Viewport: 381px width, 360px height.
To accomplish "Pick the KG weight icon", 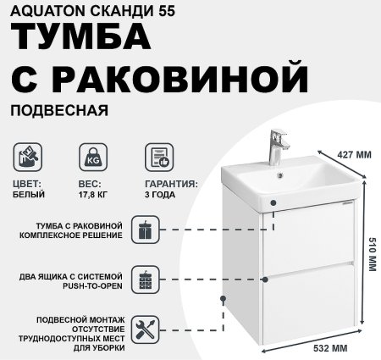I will click(x=91, y=158).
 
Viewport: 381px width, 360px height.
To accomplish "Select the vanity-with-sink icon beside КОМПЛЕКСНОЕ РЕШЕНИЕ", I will click(x=146, y=229).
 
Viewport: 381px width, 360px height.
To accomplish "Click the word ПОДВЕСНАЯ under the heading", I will click(x=59, y=110).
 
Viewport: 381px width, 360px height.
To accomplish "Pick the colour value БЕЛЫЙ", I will click(x=30, y=194).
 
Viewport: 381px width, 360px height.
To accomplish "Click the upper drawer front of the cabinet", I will click(x=307, y=246).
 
